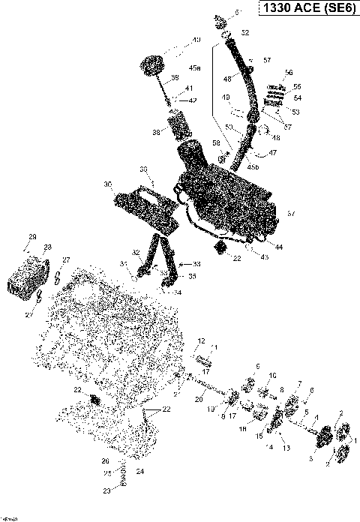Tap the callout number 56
click(288, 73)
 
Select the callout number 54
click(297, 97)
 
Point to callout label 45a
click(194, 68)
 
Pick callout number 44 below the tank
click(279, 247)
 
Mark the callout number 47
click(273, 153)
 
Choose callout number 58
click(217, 143)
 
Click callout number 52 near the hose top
click(244, 33)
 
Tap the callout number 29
click(32, 237)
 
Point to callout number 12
click(201, 340)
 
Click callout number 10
click(272, 374)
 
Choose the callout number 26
click(105, 460)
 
